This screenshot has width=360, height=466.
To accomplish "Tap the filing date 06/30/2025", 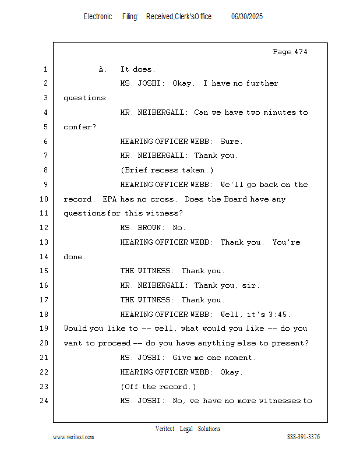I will click(247, 17).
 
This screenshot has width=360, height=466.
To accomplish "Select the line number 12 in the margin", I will click(44, 228).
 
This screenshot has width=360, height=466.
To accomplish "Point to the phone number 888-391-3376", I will click(303, 437).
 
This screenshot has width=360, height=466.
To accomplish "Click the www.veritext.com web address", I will click(73, 437).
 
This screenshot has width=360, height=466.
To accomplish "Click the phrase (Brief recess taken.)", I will click(167, 170).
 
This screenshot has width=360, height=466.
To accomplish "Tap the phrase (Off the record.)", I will click(158, 386).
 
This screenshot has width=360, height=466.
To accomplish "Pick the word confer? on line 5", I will click(79, 126).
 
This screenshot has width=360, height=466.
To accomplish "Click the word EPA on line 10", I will click(110, 199).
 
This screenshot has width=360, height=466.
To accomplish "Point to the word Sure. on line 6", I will click(231, 141).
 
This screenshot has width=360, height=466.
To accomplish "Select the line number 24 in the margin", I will click(44, 401).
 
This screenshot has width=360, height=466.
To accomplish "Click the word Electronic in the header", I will click(98, 17).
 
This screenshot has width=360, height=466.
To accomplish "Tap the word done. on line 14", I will click(74, 256).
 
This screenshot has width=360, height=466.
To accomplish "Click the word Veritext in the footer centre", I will click(165, 429).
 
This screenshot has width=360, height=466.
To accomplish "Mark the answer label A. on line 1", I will click(103, 69).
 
